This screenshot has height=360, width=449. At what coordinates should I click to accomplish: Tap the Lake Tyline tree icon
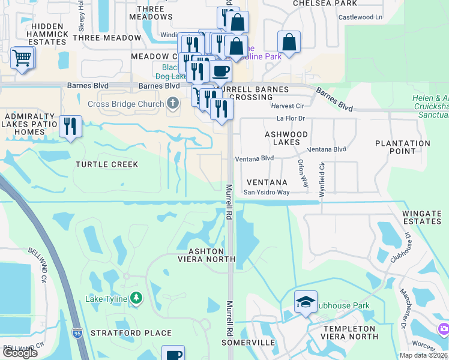click(x=136, y=298)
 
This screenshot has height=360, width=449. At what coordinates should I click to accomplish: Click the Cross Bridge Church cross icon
click(x=173, y=104)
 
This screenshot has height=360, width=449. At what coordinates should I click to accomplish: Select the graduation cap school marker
click(x=306, y=301)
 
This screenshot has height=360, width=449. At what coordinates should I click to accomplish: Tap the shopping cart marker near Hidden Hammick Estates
click(x=22, y=58)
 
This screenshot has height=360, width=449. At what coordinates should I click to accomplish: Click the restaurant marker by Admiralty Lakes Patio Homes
click(x=71, y=127)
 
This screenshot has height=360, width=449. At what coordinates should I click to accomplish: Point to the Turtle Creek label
click(x=107, y=164)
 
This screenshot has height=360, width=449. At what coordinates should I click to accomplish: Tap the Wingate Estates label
click(x=421, y=217)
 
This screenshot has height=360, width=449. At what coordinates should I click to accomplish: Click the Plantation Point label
click(x=403, y=147)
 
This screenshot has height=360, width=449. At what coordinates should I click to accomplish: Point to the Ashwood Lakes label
click(x=286, y=138)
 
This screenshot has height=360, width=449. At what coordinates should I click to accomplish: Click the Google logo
click(x=20, y=352)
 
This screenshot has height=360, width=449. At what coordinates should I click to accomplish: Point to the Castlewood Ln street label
click(x=360, y=17)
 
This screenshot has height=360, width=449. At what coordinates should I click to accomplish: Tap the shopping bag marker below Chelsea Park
click(x=289, y=43)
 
